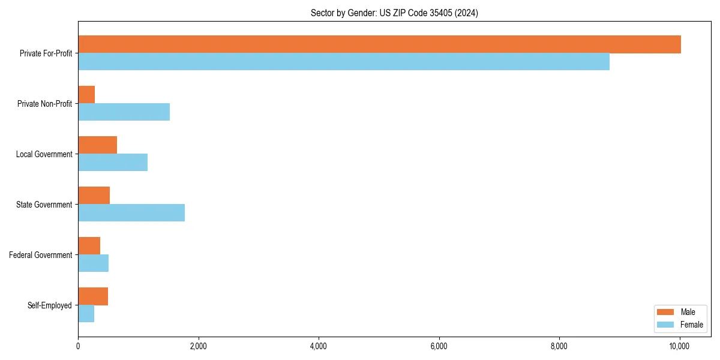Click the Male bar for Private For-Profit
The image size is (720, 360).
(x=379, y=44)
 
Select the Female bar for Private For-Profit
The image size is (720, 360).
(x=344, y=62)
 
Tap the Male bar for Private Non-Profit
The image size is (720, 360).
(x=86, y=95)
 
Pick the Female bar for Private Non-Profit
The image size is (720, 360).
(x=124, y=112)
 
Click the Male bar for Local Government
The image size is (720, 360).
(x=97, y=145)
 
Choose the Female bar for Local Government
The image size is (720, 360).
(x=113, y=163)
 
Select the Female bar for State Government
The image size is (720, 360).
(x=131, y=213)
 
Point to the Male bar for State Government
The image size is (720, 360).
(x=94, y=196)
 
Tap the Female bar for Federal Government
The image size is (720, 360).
(x=93, y=263)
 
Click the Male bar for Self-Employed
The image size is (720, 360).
(x=93, y=296)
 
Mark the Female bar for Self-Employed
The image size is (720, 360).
(x=86, y=314)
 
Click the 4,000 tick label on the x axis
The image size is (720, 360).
(x=319, y=346)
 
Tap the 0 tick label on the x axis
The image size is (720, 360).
(x=78, y=346)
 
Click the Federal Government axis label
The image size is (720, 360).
(x=41, y=255)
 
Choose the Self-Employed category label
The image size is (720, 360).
(x=50, y=305)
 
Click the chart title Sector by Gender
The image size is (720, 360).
(x=394, y=13)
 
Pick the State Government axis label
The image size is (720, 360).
(x=44, y=205)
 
